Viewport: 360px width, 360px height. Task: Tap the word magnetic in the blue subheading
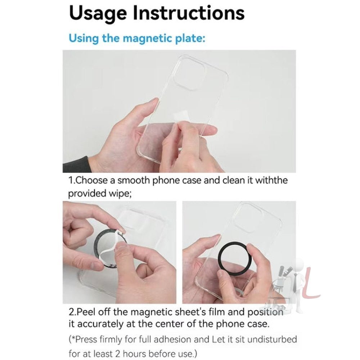[x=145, y=38]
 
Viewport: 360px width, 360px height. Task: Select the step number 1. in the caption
[x=72, y=180]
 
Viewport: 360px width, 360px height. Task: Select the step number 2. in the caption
[x=72, y=312]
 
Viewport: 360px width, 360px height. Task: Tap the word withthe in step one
[x=271, y=180]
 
